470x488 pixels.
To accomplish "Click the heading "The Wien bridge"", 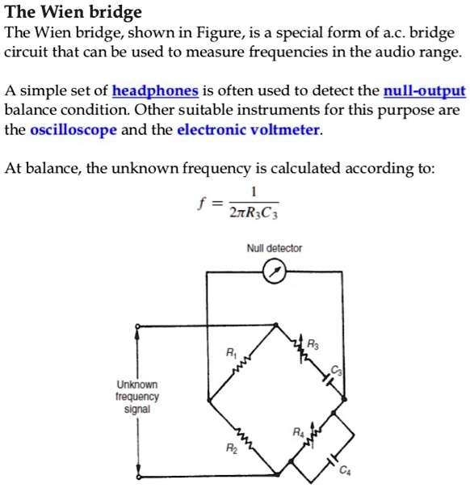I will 73,12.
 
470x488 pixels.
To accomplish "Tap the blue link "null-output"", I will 425,90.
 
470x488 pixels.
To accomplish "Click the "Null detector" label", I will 275,249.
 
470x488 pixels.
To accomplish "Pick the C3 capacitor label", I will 338,370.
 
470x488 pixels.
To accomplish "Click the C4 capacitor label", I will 346,472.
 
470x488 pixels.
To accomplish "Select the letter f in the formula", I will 199,204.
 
